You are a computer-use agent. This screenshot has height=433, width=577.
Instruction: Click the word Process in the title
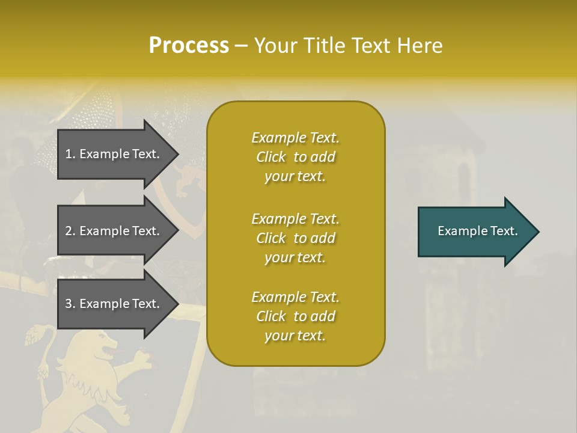189,46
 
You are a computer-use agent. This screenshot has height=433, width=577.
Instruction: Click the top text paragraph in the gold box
295,157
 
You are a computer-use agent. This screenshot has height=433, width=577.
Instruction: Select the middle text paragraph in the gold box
295,238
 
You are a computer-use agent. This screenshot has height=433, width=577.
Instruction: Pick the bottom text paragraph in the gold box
295,316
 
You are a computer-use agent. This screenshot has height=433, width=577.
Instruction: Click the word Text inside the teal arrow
505,231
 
